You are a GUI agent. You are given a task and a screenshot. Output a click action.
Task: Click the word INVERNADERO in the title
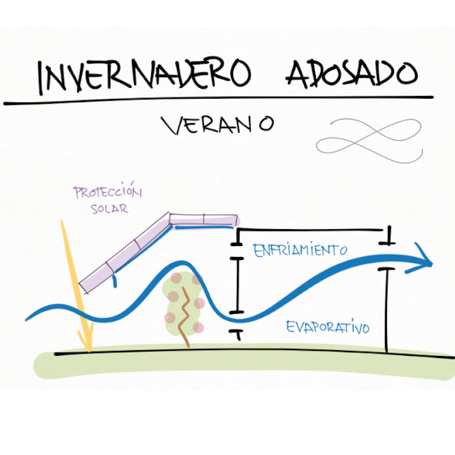[x=142, y=75]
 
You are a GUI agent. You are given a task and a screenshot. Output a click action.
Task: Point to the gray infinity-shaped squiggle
[x=369, y=139]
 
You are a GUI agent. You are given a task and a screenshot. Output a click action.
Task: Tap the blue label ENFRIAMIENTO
[x=299, y=250]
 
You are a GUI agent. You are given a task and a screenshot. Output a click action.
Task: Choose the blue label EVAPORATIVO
[x=328, y=327]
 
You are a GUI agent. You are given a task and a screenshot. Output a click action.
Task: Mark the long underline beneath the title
[x=218, y=100]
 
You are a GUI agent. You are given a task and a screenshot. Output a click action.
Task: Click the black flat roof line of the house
[x=311, y=230]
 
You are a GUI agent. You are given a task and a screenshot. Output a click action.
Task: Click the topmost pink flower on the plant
[x=177, y=278]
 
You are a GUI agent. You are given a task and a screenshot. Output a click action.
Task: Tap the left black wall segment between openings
[x=236, y=284]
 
